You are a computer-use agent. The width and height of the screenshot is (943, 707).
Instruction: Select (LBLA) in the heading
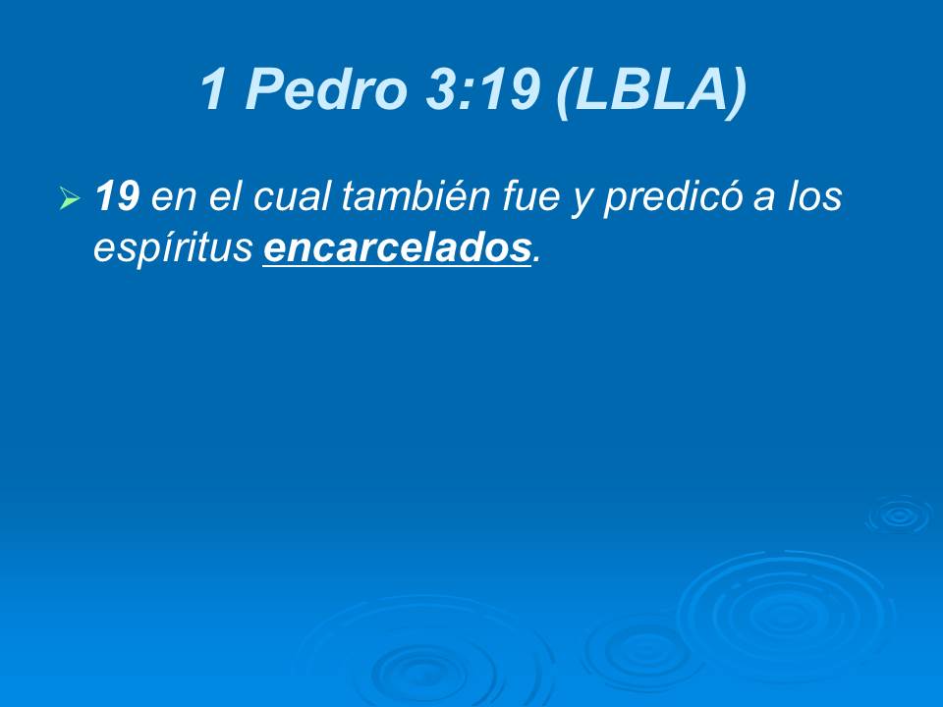coord(651,91)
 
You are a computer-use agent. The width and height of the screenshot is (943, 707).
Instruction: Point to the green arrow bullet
coord(69,200)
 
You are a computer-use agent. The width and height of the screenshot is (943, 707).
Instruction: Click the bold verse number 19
coord(117,197)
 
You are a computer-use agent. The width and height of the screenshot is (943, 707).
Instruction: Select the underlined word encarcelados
coord(397,248)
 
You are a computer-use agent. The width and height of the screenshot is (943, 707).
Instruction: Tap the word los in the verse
coord(815,197)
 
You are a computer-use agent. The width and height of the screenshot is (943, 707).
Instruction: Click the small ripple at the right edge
coord(897,514)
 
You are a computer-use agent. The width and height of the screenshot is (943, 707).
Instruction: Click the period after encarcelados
coord(535,259)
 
